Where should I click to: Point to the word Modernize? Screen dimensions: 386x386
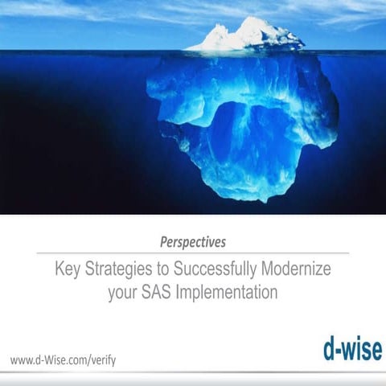point(294,268)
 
